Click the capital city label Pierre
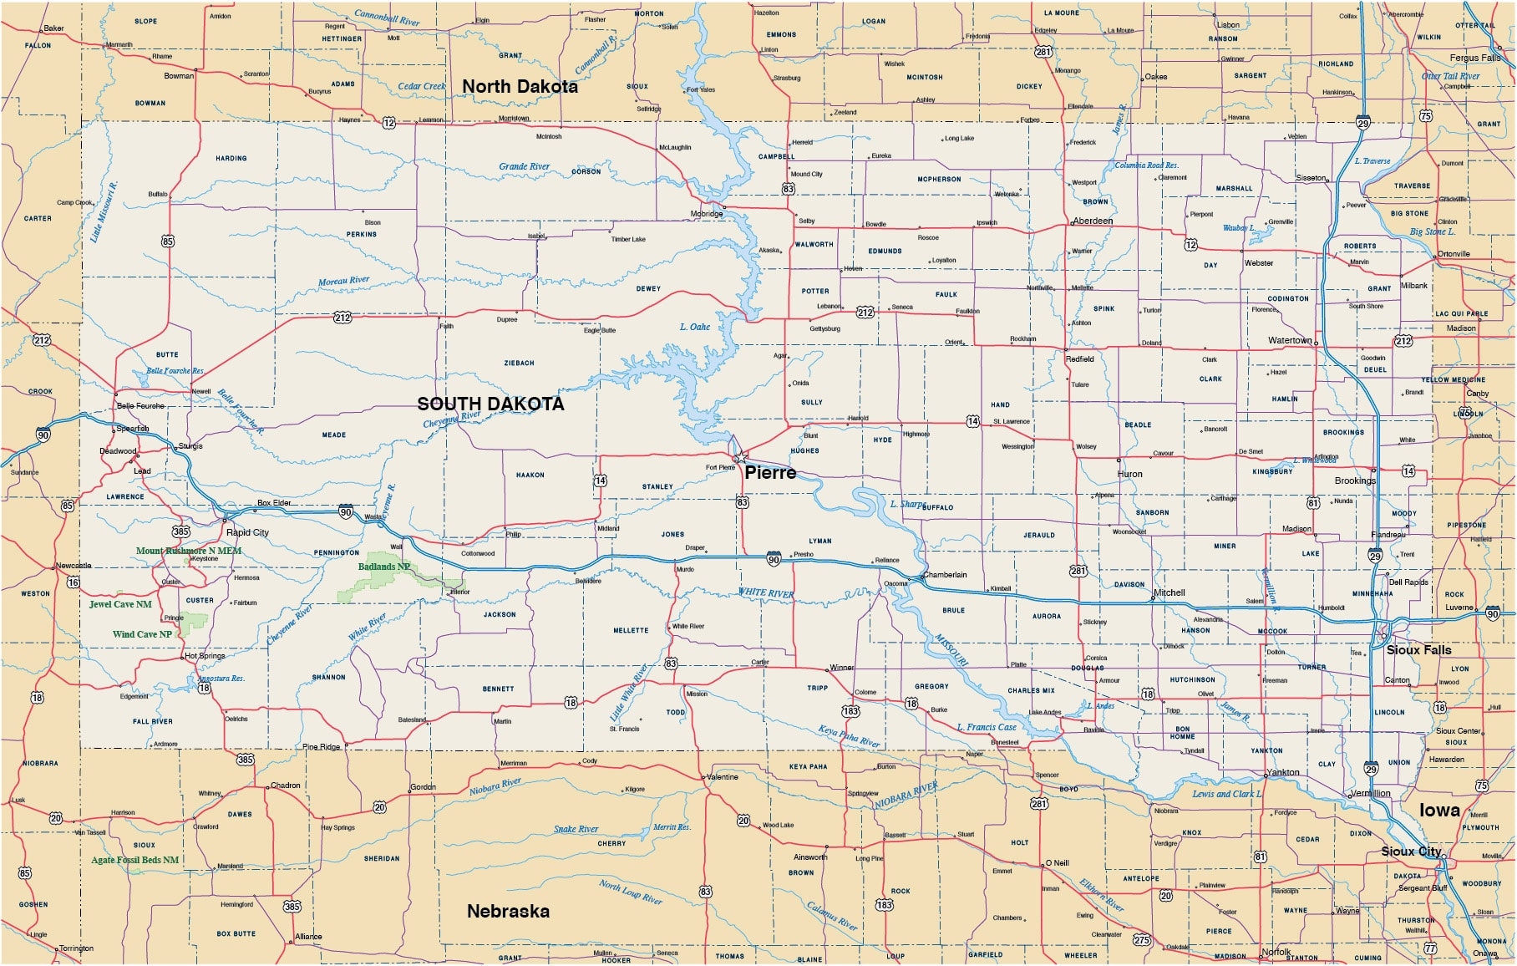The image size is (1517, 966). (x=770, y=473)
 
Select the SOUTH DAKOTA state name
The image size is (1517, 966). (x=490, y=404)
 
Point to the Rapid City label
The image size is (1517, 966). (x=247, y=532)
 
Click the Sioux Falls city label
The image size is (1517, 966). (x=1418, y=650)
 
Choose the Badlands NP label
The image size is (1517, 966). (x=383, y=567)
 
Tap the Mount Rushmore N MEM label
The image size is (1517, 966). (x=189, y=551)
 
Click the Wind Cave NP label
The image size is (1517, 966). (x=142, y=634)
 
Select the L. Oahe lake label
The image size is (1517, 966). (x=694, y=327)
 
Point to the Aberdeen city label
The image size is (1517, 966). (x=1093, y=221)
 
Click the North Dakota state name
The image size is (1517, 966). (x=520, y=87)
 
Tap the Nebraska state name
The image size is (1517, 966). (x=508, y=912)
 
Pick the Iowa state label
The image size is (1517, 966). (x=1439, y=811)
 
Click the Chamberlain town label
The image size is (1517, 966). (x=945, y=575)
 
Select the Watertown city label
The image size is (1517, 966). (x=1289, y=340)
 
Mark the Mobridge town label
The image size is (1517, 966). (x=706, y=214)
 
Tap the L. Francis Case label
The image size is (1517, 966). (x=986, y=727)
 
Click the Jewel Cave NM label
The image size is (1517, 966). (x=120, y=604)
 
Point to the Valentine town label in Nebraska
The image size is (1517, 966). (x=722, y=777)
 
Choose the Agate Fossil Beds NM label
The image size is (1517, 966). (x=134, y=860)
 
